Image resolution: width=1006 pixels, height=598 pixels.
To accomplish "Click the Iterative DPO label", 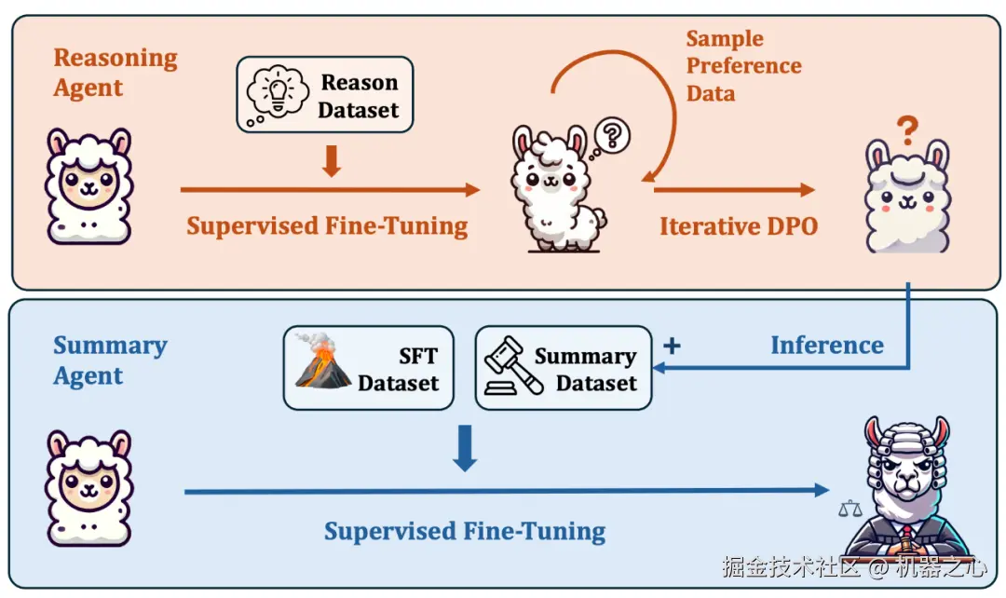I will coord(738,225).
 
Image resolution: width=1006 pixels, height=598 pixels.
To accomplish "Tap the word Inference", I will coord(826,346).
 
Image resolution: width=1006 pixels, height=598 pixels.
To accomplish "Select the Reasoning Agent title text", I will coord(115,73).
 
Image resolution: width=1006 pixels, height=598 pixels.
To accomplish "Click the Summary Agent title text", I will coord(110,360).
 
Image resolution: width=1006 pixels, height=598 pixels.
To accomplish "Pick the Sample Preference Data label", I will coord(743,66).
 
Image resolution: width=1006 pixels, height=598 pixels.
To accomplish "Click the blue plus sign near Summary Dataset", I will coord(671,346).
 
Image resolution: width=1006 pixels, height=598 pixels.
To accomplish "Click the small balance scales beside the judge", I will coord(850,509).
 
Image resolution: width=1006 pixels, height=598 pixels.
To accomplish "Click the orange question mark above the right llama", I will coord(907,128).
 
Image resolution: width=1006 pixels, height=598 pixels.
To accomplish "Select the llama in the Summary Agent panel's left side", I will coord(88,486).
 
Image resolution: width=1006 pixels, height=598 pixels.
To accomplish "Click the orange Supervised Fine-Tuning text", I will coord(327,225).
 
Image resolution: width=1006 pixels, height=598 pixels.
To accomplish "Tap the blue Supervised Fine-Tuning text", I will coord(464,532).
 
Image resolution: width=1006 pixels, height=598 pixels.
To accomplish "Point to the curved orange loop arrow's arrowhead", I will coord(649,172).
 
